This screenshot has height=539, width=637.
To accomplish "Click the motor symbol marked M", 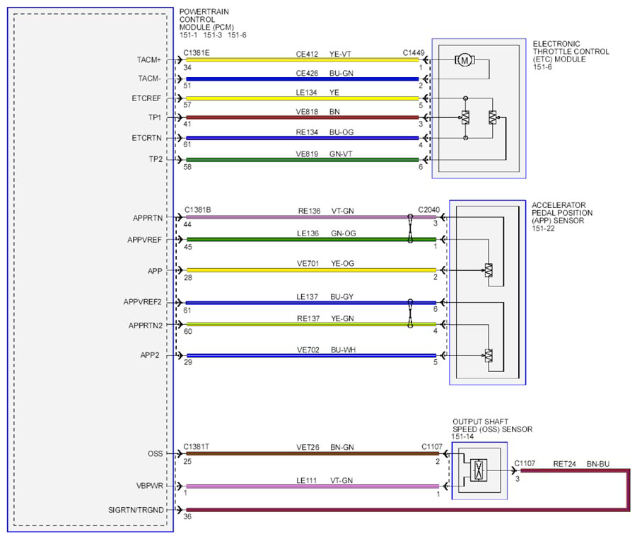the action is [464, 60].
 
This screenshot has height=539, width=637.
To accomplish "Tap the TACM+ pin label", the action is [149, 60].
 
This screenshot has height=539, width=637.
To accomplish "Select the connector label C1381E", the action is [197, 53].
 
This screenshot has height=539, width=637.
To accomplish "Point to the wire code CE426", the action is [307, 73].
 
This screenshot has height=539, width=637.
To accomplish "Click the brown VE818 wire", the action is [303, 117].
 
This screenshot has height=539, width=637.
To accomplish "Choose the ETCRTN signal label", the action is [146, 138].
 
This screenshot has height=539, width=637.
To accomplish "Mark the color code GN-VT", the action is [341, 154].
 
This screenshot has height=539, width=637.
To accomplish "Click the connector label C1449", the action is [414, 53].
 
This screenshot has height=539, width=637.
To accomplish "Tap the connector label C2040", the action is [429, 210].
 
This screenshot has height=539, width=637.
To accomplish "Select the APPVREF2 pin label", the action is [143, 302].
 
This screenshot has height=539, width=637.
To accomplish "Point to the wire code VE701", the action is [308, 263].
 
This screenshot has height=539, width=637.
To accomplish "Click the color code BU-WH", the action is [344, 350].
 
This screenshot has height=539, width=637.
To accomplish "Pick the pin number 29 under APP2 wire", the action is [188, 362].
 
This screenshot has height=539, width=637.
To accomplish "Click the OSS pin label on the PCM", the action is [156, 453].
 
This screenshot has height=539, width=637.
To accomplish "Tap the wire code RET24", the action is [565, 464].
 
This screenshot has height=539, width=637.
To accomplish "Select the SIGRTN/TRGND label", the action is [136, 510].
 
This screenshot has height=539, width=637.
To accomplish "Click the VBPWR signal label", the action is [149, 486].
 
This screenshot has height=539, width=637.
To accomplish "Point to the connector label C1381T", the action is [197, 447].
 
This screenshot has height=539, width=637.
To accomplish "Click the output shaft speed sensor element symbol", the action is [479, 470].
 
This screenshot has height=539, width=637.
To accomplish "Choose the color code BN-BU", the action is [598, 464].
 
